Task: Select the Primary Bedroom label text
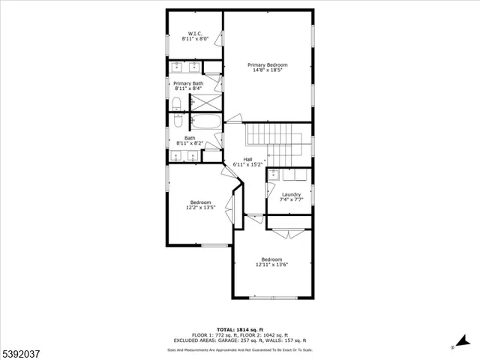click(x=268, y=65)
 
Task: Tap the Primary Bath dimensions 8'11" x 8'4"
click(x=187, y=88)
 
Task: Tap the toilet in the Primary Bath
click(x=176, y=103)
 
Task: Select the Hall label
click(x=247, y=158)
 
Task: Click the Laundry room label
click(x=291, y=194)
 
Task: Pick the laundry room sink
click(x=274, y=175)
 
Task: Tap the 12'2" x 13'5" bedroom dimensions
click(x=200, y=208)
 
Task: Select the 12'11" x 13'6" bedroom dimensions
click(x=271, y=264)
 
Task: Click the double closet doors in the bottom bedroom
click(x=287, y=233)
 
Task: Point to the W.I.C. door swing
click(x=218, y=37)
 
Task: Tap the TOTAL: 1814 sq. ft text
click(x=240, y=329)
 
